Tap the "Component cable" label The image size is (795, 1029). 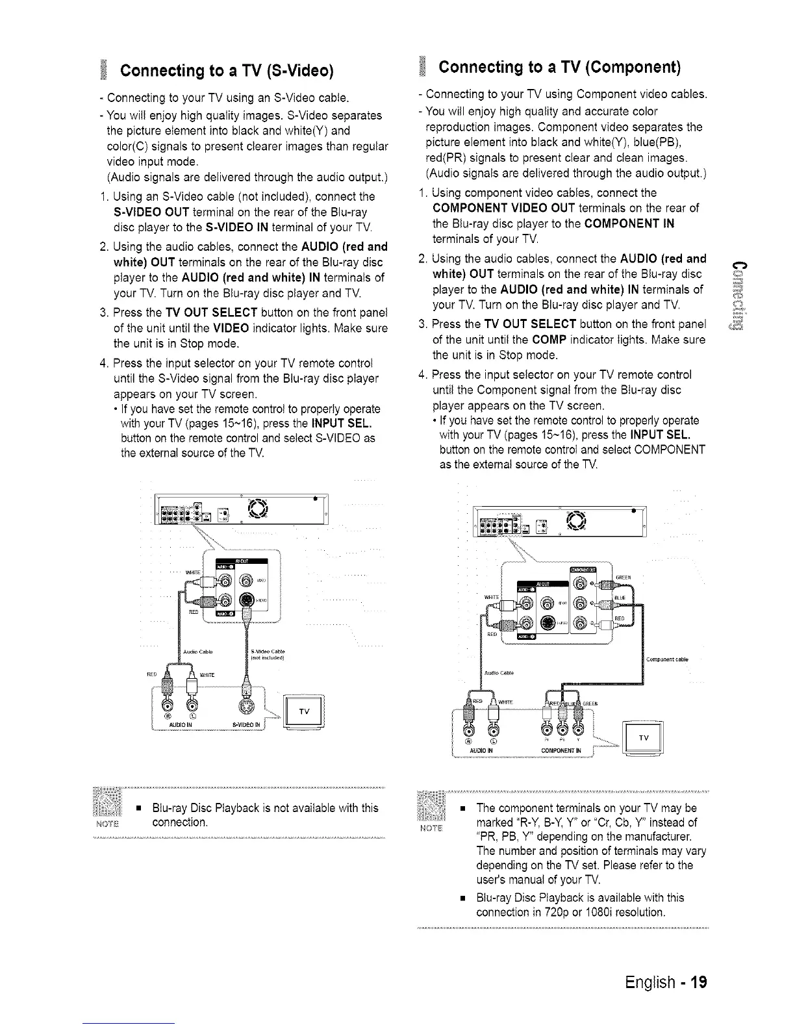tap(667, 659)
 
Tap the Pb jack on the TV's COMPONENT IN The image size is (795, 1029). tap(561, 730)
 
